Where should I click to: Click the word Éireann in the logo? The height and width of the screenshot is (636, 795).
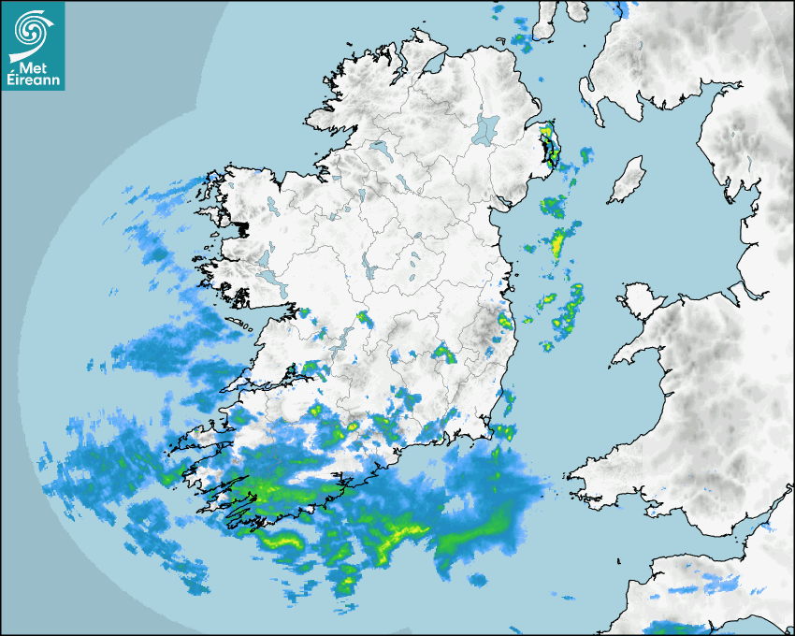[34, 81]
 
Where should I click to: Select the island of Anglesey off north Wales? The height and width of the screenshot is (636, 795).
[640, 298]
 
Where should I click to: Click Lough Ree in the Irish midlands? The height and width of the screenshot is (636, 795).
[370, 271]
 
